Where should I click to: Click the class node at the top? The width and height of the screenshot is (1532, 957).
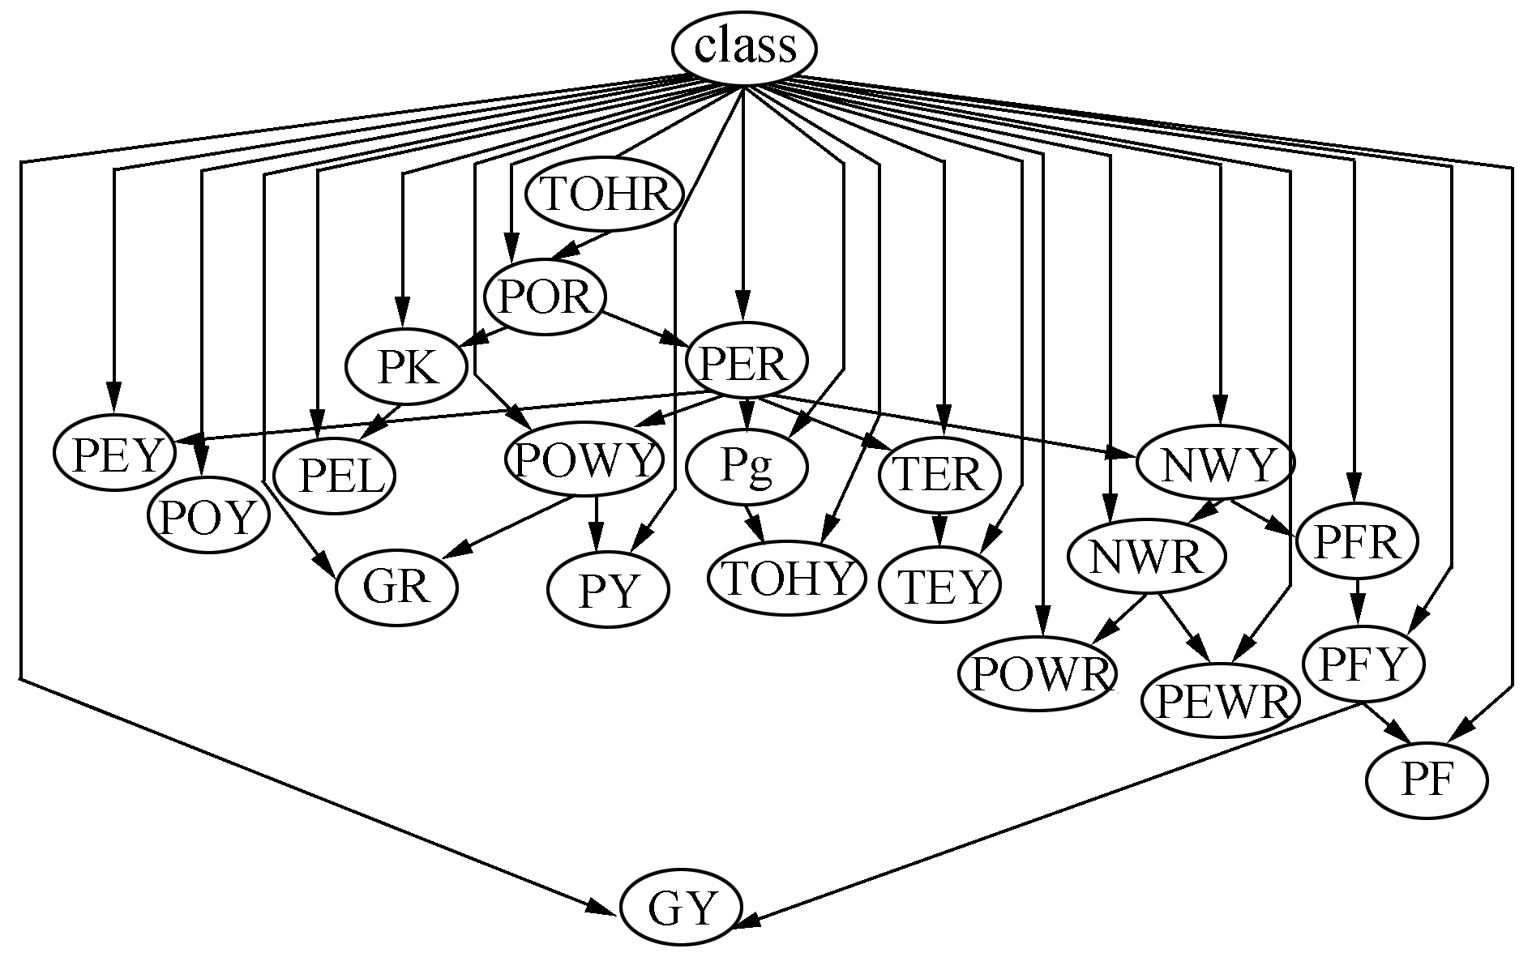pos(743,48)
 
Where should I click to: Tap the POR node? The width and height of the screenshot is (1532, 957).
pos(545,297)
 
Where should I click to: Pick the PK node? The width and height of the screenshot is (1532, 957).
pos(407,369)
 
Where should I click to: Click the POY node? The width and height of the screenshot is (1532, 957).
pos(208,516)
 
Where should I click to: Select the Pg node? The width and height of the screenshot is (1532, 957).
pos(747,468)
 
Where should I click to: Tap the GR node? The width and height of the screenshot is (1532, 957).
pos(396,587)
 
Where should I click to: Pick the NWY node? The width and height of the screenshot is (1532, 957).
pos(1216,463)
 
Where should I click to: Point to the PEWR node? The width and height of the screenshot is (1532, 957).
pos(1220,701)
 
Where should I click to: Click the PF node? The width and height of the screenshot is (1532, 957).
pos(1427,780)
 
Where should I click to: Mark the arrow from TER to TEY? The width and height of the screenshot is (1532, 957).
pos(939,529)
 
